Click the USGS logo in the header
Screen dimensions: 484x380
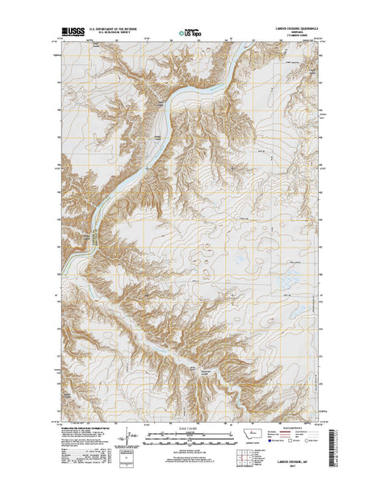70,35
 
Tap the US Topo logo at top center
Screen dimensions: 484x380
190,35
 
